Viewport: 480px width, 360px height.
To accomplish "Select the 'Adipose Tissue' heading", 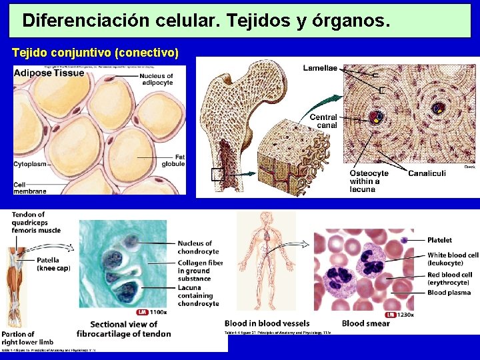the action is pos(49,73).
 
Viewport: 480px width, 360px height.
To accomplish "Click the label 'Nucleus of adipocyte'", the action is pos(157,79).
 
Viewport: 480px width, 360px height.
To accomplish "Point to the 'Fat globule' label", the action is pos(173,160).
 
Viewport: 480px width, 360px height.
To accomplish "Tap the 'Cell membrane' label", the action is pos(30,187).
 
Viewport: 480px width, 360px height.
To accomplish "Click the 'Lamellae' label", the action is pos(321,68).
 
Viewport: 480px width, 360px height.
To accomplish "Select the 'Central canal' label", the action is pos(323,121).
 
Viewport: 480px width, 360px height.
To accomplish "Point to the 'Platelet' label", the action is pos(440,240).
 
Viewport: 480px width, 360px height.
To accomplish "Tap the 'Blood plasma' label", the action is pos(449,293).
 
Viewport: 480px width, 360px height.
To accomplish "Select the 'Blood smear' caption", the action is pos(365,324).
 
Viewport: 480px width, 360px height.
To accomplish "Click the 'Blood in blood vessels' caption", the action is pos(267,324).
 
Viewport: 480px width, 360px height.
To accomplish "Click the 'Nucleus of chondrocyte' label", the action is pos(198,247).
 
